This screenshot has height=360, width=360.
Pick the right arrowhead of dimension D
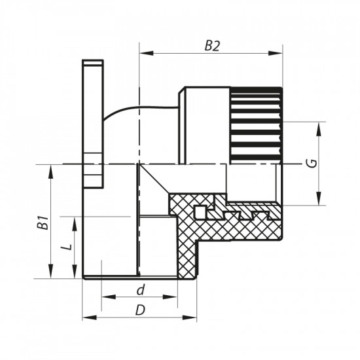(x=194, y=319)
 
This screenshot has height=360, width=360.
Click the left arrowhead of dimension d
(x=105, y=299)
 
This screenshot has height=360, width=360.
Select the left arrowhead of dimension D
(x=87, y=319)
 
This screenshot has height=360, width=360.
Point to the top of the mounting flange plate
(x=93, y=63)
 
